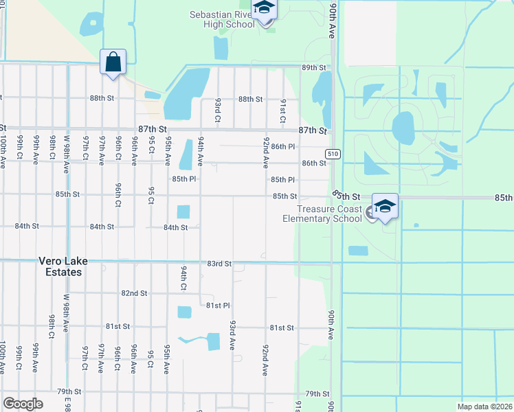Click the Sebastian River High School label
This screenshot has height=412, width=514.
point(223,20)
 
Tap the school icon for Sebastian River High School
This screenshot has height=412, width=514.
point(264,8)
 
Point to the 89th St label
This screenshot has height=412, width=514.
point(313,67)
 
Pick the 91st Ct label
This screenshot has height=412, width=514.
point(282,108)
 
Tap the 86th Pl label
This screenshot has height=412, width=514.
point(282,147)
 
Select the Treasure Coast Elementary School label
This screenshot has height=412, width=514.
point(322,214)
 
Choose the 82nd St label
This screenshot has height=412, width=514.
point(134,293)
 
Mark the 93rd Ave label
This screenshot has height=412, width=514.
point(233,333)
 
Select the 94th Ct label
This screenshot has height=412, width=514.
point(183,279)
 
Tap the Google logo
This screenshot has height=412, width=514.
point(23,404)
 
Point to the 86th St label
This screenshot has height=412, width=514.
point(313,163)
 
